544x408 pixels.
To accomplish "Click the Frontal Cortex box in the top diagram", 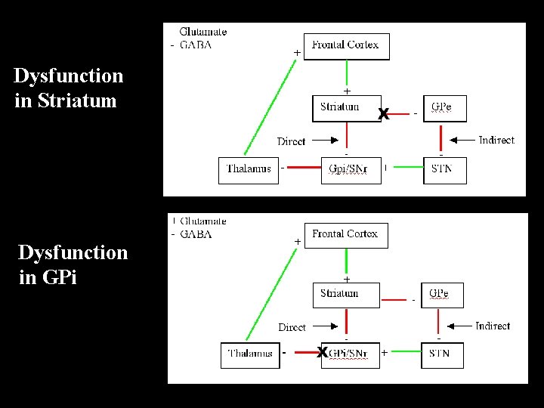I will click(x=346, y=46).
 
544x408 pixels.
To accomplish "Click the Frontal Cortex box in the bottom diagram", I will click(x=345, y=235).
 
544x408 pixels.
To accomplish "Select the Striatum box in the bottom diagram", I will click(x=338, y=294).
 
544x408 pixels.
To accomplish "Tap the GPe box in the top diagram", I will click(x=444, y=108).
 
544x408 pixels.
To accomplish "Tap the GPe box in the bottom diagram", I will click(x=442, y=294).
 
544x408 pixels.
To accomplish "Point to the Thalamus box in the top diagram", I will click(x=249, y=169).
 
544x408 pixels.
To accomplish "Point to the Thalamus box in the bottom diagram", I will click(x=250, y=354).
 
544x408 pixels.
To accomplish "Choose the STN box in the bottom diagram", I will click(x=442, y=354).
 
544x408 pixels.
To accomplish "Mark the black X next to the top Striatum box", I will click(x=384, y=115).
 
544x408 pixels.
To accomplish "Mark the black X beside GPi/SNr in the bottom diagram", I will click(x=322, y=353).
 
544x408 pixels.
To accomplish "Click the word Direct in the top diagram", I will click(x=291, y=141).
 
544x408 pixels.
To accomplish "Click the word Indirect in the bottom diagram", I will click(x=493, y=326).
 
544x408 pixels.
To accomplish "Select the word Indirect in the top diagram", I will click(x=496, y=140).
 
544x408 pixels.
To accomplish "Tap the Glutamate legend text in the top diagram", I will click(x=202, y=32).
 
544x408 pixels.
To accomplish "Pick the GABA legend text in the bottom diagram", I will click(x=196, y=234).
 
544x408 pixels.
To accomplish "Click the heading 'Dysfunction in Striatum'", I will click(x=68, y=88).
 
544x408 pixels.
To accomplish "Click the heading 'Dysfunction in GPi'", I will click(x=73, y=264).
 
